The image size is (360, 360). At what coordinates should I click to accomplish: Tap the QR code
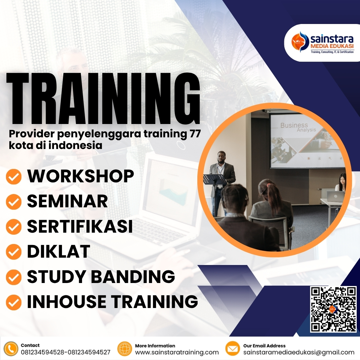[x=333, y=309]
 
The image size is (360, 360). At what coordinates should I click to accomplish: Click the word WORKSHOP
[x=80, y=176]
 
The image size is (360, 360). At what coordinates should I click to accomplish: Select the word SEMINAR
[x=67, y=201]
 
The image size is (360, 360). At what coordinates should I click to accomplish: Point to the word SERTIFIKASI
[x=80, y=226]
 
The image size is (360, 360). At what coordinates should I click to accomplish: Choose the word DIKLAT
[x=58, y=251]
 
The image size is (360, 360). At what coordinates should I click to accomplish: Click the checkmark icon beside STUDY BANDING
[x=14, y=277]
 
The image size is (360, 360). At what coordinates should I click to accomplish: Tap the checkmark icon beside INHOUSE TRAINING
[x=14, y=302]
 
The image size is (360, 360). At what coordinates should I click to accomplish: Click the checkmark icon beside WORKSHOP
[x=14, y=177]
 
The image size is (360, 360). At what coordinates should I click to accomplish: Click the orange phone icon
[x=11, y=349]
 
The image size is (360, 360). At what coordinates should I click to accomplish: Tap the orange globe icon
[x=125, y=349]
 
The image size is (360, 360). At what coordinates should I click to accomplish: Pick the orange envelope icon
[x=233, y=349]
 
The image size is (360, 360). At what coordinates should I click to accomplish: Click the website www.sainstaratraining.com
[x=177, y=352]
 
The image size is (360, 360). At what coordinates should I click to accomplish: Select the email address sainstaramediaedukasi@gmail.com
[x=299, y=352]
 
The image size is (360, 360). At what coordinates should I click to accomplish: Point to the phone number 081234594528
[x=43, y=352]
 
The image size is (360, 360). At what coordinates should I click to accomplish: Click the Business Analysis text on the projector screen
[x=295, y=127]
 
